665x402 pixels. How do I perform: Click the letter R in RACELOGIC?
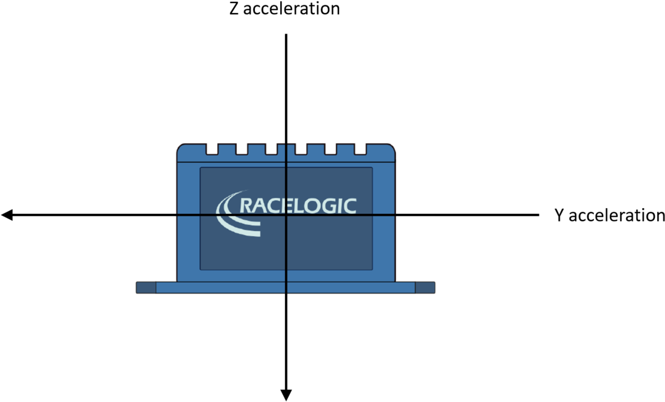coord(247,206)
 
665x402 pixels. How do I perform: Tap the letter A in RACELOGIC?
coord(261,206)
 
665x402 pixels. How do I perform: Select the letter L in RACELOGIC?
coord(300,206)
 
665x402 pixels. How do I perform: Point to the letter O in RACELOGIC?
coord(314,206)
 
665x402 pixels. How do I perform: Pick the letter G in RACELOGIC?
coord(331,206)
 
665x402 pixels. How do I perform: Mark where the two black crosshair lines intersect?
coord(286,215)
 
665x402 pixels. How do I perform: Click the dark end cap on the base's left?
coord(146,287)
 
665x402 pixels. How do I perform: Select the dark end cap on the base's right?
coord(425,287)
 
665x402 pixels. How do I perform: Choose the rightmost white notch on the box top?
coord(360,149)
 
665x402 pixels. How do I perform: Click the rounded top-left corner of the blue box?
coord(180,147)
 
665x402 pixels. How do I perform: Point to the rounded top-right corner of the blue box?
coord(393,147)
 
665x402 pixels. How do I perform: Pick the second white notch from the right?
coord(331,149)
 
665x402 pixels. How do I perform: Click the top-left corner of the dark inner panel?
coord(201,168)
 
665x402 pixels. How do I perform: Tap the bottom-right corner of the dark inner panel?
coord(372,269)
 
